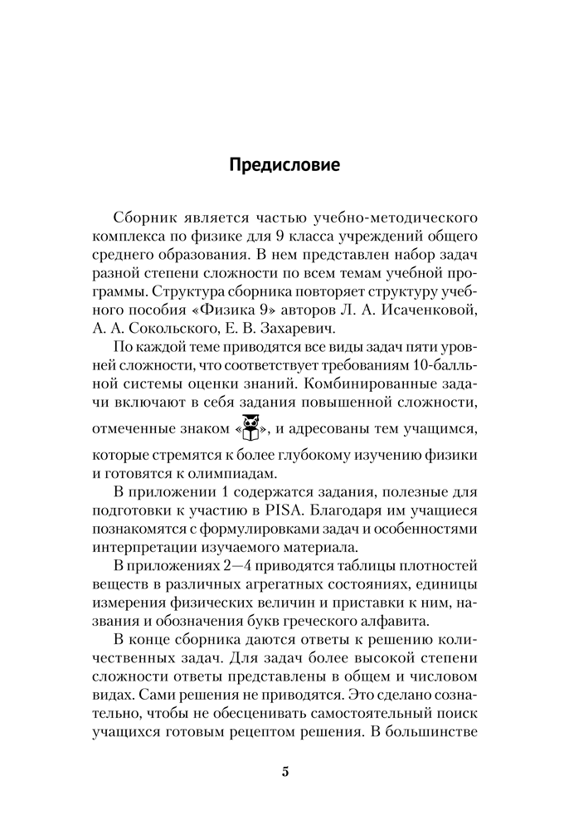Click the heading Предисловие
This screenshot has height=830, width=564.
282,164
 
